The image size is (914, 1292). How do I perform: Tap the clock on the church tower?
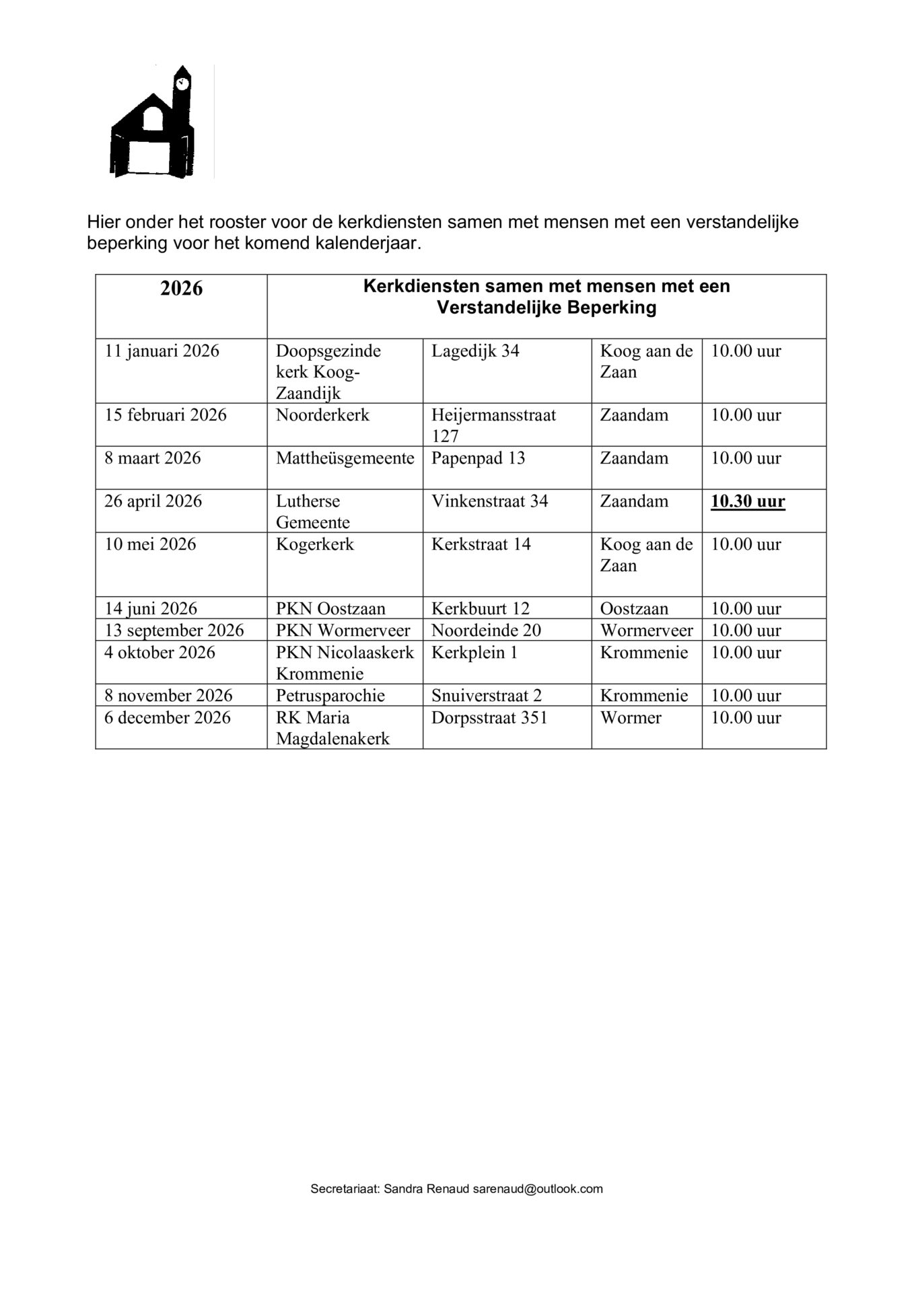click(181, 83)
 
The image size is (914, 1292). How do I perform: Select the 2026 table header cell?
click(181, 289)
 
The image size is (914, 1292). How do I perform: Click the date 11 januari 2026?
click(162, 351)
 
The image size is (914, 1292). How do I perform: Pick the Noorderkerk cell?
click(322, 415)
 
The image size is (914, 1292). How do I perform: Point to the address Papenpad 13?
click(478, 458)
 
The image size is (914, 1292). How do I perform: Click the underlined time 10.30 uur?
click(748, 502)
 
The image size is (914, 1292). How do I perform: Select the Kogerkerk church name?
click(314, 544)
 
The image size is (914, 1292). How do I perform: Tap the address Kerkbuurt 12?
click(481, 609)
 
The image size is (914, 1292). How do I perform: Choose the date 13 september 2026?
click(174, 631)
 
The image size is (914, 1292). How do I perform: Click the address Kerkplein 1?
click(474, 653)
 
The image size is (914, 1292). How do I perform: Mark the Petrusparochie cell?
click(330, 696)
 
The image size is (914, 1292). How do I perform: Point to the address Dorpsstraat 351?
click(489, 718)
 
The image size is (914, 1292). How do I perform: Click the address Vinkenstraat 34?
click(489, 502)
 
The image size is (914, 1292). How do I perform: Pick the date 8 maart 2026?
click(152, 458)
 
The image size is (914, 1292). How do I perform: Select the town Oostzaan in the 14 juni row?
click(634, 609)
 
